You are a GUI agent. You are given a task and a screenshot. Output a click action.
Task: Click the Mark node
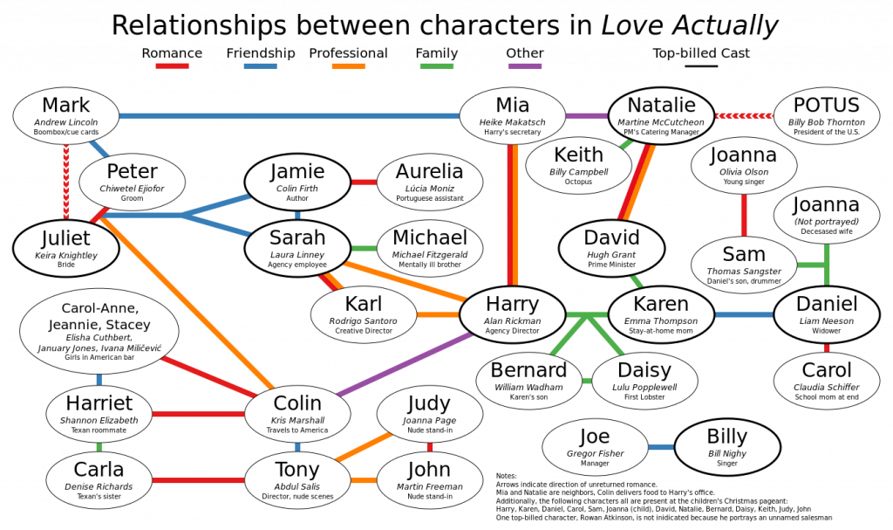tap(66, 116)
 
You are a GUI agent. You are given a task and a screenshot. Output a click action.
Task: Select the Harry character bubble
tap(512, 315)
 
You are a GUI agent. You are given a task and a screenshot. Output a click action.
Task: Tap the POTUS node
tap(827, 116)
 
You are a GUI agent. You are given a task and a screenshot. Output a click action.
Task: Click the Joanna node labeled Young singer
tap(744, 166)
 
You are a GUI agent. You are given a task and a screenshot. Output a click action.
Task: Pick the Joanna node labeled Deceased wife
tap(827, 216)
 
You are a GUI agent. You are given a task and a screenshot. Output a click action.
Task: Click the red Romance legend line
tap(172, 66)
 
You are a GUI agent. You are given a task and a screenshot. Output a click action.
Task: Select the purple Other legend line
tap(524, 66)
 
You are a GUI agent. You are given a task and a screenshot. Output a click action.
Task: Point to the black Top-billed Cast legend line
tap(701, 66)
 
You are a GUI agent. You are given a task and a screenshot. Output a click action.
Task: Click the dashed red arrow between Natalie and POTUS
tap(744, 116)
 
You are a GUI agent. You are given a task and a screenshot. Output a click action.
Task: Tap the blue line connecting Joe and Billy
tap(661, 447)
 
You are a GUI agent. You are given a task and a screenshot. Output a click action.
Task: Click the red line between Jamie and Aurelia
tap(364, 182)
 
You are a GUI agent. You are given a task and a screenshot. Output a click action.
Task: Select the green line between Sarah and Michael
tap(364, 249)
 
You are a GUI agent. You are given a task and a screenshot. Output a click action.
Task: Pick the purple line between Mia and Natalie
tap(587, 116)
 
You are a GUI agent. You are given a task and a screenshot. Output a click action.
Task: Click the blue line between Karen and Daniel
tap(744, 315)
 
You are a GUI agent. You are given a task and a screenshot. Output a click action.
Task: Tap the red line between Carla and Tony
tap(198, 480)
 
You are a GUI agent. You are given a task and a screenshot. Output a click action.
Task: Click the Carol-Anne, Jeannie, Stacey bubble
tap(99, 332)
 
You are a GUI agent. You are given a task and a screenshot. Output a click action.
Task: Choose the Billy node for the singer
tap(727, 447)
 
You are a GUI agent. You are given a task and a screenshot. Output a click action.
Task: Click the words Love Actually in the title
tap(690, 25)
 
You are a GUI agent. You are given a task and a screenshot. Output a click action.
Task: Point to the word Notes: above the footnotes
tap(507, 476)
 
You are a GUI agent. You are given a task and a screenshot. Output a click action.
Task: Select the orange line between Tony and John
tap(364, 480)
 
